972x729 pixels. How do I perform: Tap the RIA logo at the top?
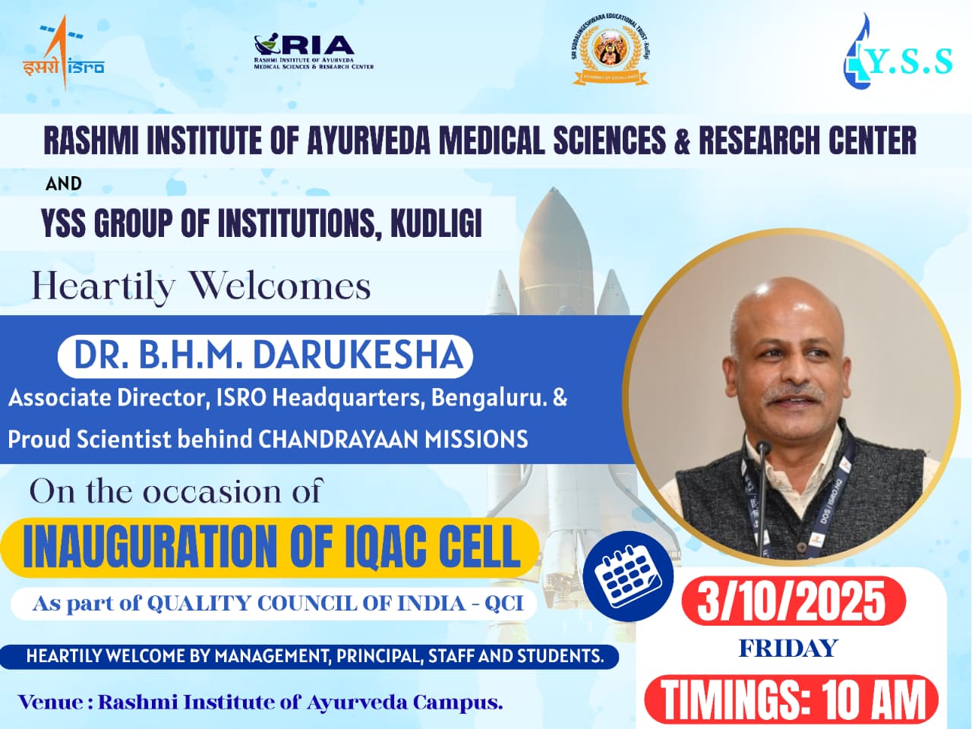click(x=313, y=52)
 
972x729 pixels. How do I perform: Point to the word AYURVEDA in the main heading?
click(x=368, y=141)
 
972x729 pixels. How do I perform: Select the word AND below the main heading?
click(x=64, y=184)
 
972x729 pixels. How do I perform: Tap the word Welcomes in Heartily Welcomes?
click(x=279, y=286)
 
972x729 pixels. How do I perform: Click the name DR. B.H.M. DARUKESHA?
click(x=267, y=355)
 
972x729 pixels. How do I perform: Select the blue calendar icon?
click(x=627, y=576)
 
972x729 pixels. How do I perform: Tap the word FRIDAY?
click(x=787, y=649)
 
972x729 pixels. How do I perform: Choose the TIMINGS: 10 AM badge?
click(x=792, y=699)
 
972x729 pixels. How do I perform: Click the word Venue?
click(x=50, y=702)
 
